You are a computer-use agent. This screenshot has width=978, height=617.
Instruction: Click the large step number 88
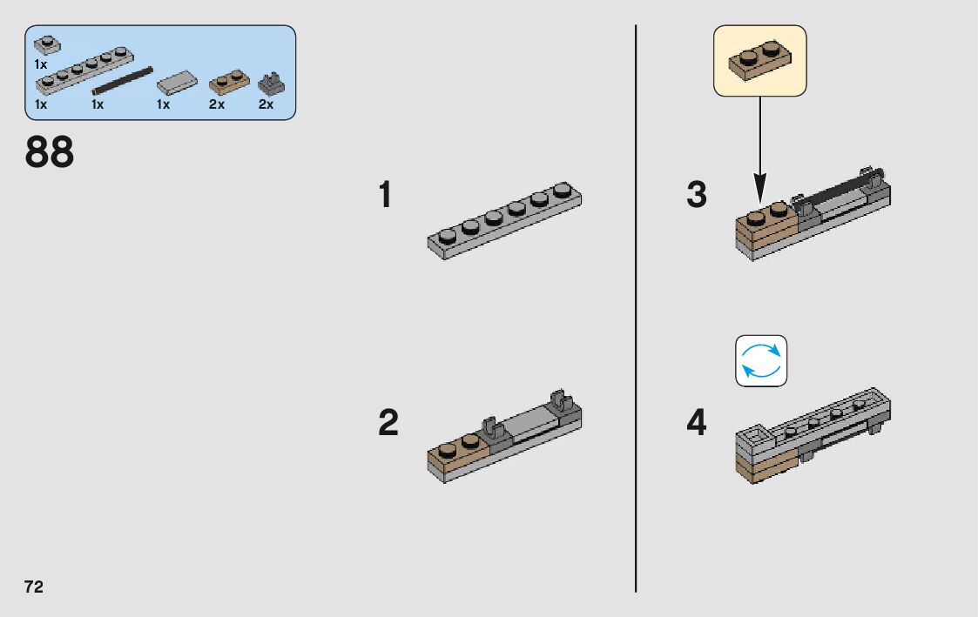50,152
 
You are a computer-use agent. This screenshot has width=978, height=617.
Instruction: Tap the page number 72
34,587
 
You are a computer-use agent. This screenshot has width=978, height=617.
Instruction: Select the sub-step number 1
385,195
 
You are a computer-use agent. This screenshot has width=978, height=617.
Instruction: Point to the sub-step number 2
388,424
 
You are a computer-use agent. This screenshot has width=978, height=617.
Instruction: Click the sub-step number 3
697,195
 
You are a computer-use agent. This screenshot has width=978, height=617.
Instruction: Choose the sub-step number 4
697,424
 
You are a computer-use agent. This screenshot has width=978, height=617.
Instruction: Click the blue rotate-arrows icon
761,360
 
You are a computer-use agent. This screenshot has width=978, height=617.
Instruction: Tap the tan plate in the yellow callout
760,61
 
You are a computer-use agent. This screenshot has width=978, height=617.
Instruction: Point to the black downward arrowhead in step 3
760,187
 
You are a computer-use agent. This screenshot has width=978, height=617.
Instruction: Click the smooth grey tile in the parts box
178,83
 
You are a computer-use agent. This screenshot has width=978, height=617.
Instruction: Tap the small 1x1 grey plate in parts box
46,44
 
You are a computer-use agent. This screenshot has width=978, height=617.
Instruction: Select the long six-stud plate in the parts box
84,72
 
